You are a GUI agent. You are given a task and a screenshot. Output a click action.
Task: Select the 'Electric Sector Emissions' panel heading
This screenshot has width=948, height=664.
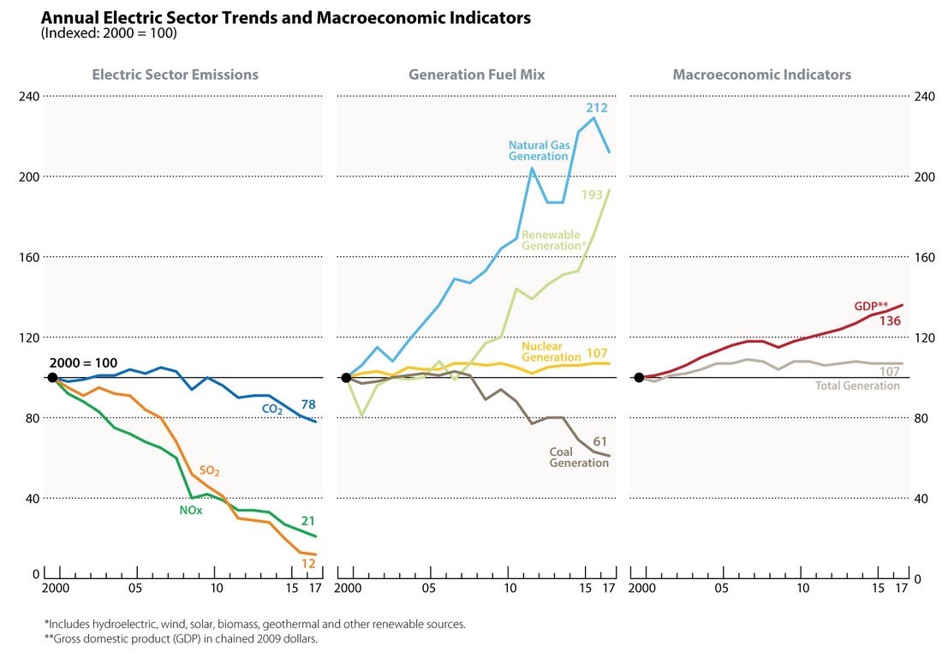175,75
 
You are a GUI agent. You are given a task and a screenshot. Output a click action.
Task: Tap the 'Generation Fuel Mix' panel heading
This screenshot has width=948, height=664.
476,75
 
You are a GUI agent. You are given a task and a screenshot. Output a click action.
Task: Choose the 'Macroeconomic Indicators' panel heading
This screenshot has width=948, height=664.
761,75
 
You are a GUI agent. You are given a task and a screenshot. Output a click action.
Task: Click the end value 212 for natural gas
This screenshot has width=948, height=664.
597,108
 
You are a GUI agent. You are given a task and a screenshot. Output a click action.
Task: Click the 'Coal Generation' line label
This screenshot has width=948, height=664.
578,458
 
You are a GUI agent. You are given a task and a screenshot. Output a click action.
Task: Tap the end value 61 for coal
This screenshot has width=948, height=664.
599,441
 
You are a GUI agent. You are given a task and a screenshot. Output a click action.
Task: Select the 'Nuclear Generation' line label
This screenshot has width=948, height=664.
550,352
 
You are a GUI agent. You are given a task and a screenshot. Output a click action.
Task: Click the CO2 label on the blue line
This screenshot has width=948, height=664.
272,410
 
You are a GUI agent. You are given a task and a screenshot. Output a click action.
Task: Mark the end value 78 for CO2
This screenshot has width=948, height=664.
308,404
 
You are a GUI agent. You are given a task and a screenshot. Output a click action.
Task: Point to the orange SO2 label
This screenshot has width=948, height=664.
210,470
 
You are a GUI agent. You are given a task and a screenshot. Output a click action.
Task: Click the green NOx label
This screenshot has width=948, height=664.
189,511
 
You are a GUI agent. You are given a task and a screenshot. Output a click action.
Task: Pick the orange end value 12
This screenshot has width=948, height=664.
309,564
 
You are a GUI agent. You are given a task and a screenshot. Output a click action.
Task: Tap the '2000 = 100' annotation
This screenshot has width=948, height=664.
82,362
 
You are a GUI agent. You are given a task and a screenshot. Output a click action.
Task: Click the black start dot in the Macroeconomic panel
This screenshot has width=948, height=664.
638,378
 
